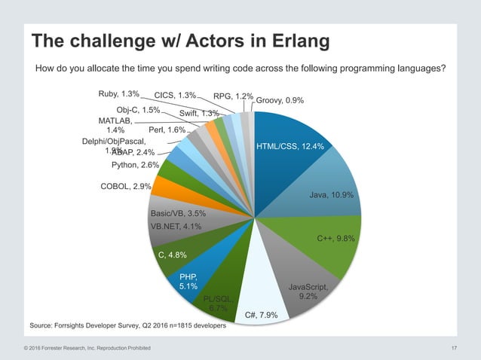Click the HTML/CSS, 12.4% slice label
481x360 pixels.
(x=290, y=146)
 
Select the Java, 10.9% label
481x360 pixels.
(x=332, y=195)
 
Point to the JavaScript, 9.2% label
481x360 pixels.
(x=308, y=291)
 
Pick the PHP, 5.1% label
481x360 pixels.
(x=188, y=281)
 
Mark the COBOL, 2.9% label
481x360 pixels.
(x=126, y=185)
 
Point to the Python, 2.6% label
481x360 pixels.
(x=134, y=164)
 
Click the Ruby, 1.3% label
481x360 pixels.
(x=118, y=95)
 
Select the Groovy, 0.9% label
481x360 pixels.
(x=280, y=100)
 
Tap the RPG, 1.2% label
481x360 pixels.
(x=233, y=96)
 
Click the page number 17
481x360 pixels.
(x=454, y=347)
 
